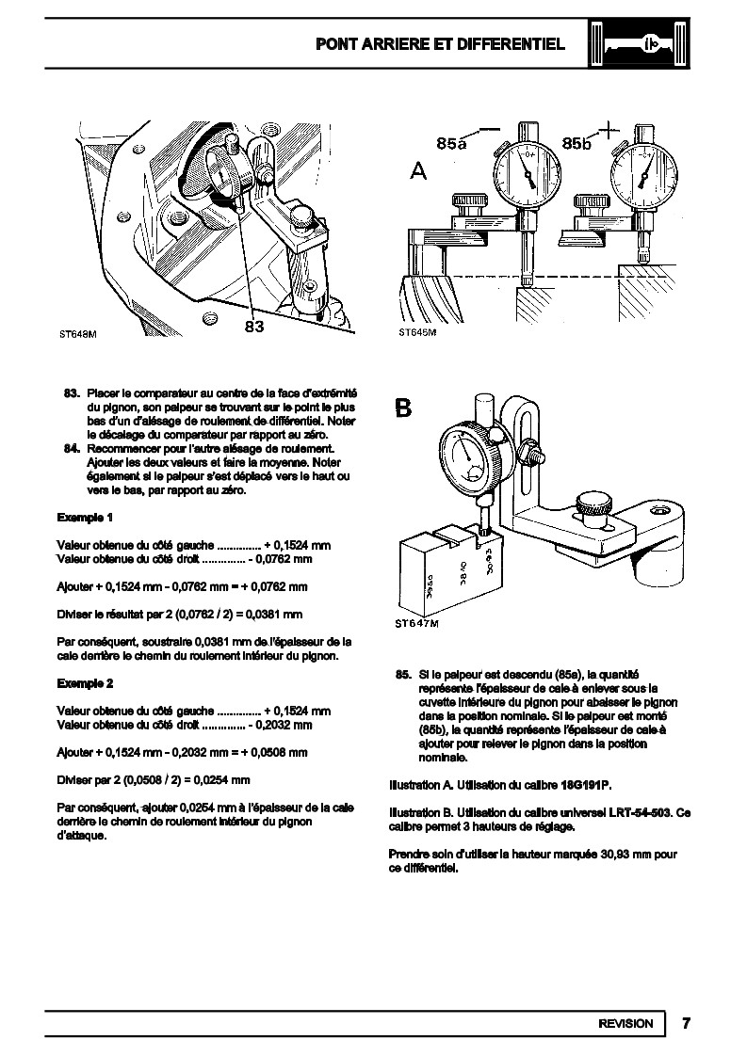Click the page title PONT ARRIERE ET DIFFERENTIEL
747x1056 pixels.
pyautogui.click(x=440, y=44)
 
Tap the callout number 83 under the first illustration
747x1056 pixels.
pyautogui.click(x=253, y=326)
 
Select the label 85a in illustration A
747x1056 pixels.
pyautogui.click(x=451, y=143)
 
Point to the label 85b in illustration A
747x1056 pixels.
pyautogui.click(x=576, y=143)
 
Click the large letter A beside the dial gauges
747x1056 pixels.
pyautogui.click(x=419, y=171)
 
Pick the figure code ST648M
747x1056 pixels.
pyautogui.click(x=78, y=333)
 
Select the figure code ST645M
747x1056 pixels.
pyautogui.click(x=417, y=333)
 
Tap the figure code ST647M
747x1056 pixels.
pyautogui.click(x=415, y=623)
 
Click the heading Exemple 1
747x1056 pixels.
pyautogui.click(x=85, y=518)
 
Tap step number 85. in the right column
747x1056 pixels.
pyautogui.click(x=403, y=674)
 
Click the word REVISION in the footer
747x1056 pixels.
pyautogui.click(x=625, y=1023)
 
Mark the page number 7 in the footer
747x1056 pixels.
pyautogui.click(x=687, y=1023)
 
